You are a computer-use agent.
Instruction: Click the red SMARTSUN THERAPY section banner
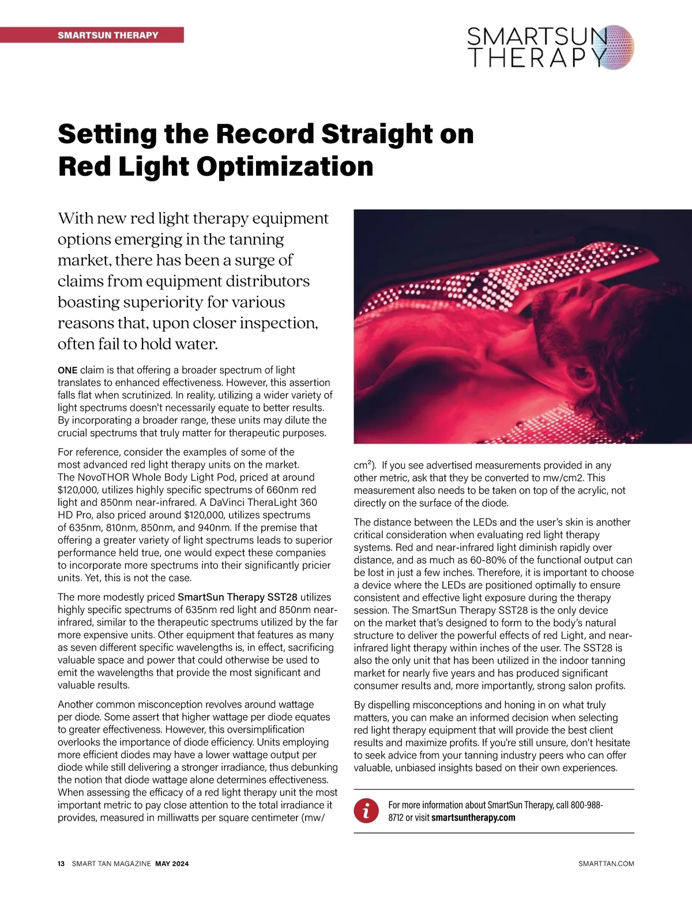(108, 35)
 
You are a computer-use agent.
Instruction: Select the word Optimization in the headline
(285, 166)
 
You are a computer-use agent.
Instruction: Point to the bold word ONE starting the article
(67, 370)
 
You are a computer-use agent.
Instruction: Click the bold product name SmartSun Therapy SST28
(237, 597)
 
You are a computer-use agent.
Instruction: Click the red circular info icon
(366, 811)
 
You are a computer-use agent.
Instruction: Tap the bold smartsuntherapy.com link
(473, 817)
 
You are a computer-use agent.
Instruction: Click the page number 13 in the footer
(61, 864)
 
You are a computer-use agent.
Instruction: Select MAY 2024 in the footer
(172, 864)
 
